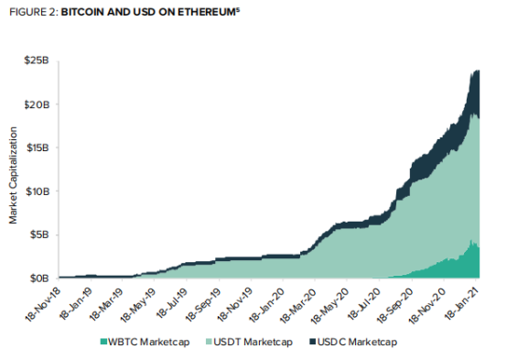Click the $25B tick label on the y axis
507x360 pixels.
[x=37, y=60]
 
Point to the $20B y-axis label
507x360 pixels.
[x=37, y=104]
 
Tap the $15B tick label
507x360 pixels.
[x=38, y=147]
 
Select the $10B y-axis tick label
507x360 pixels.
[x=38, y=191]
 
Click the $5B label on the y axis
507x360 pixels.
[x=39, y=235]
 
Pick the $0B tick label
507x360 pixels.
[x=39, y=278]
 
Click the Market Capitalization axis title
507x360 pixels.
[x=13, y=175]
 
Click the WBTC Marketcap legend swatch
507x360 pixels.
[x=103, y=342]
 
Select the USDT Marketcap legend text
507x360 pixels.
[x=253, y=342]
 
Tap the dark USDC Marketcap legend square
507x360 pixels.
[x=313, y=342]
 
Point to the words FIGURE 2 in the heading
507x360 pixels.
[x=33, y=12]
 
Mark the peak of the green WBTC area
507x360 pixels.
[x=471, y=240]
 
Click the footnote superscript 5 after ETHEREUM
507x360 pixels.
[x=238, y=9]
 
